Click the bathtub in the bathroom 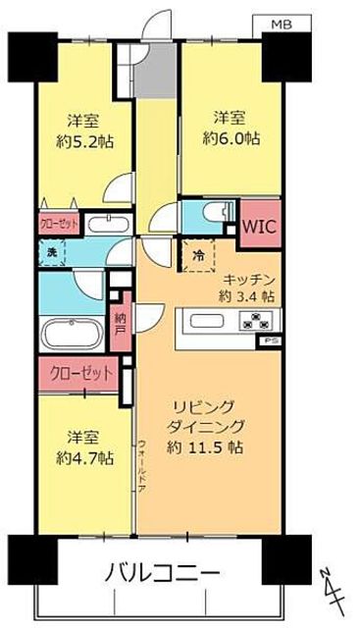(70, 334)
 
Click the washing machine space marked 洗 (51, 254)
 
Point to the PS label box (269, 340)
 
